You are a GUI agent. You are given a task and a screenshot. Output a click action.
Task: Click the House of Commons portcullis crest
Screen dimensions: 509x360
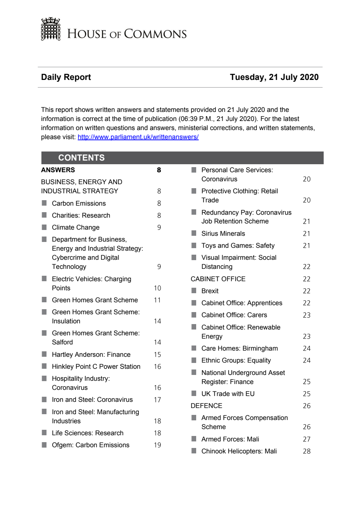pos(50,29)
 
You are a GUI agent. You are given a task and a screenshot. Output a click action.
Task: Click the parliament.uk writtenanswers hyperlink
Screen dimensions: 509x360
pos(138,137)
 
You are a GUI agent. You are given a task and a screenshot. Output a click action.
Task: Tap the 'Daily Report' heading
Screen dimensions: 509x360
pos(66,77)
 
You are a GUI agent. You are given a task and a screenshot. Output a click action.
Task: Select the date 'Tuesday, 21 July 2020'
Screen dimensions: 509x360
pos(274,77)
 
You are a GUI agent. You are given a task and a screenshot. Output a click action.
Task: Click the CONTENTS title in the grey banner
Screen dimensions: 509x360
pos(81,158)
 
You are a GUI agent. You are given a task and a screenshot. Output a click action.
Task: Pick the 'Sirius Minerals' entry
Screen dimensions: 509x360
pos(223,234)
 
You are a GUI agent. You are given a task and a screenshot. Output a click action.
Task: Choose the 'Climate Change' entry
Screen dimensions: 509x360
pos(76,227)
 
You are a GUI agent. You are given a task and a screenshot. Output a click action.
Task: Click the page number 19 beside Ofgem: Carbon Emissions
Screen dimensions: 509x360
pos(157,445)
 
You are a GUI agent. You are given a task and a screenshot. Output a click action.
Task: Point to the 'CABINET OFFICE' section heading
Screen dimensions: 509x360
pos(218,279)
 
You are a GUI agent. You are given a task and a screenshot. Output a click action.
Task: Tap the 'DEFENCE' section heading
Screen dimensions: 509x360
pos(206,406)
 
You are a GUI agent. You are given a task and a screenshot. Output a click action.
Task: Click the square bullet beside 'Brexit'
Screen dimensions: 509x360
pos(194,291)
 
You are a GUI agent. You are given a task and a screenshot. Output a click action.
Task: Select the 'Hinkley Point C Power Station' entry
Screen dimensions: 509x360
pos(96,367)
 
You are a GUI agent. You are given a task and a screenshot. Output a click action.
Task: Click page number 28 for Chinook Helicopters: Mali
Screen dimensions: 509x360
pos(307,451)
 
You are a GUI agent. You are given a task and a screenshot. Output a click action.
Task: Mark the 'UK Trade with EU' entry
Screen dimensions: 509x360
pos(228,394)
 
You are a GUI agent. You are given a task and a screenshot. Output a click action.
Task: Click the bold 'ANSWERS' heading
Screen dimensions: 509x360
pos(58,170)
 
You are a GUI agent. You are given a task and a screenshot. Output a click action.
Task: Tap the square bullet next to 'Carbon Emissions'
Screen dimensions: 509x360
pos(44,203)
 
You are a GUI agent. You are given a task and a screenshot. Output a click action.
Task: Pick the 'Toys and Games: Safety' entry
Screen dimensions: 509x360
pos(238,246)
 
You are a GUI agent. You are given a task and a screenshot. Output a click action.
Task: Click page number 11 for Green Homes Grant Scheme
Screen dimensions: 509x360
pos(157,300)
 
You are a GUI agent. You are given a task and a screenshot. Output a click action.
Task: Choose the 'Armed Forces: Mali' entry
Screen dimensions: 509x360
pos(230,439)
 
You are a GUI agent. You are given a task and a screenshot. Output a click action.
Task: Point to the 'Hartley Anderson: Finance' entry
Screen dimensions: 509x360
pos(91,355)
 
